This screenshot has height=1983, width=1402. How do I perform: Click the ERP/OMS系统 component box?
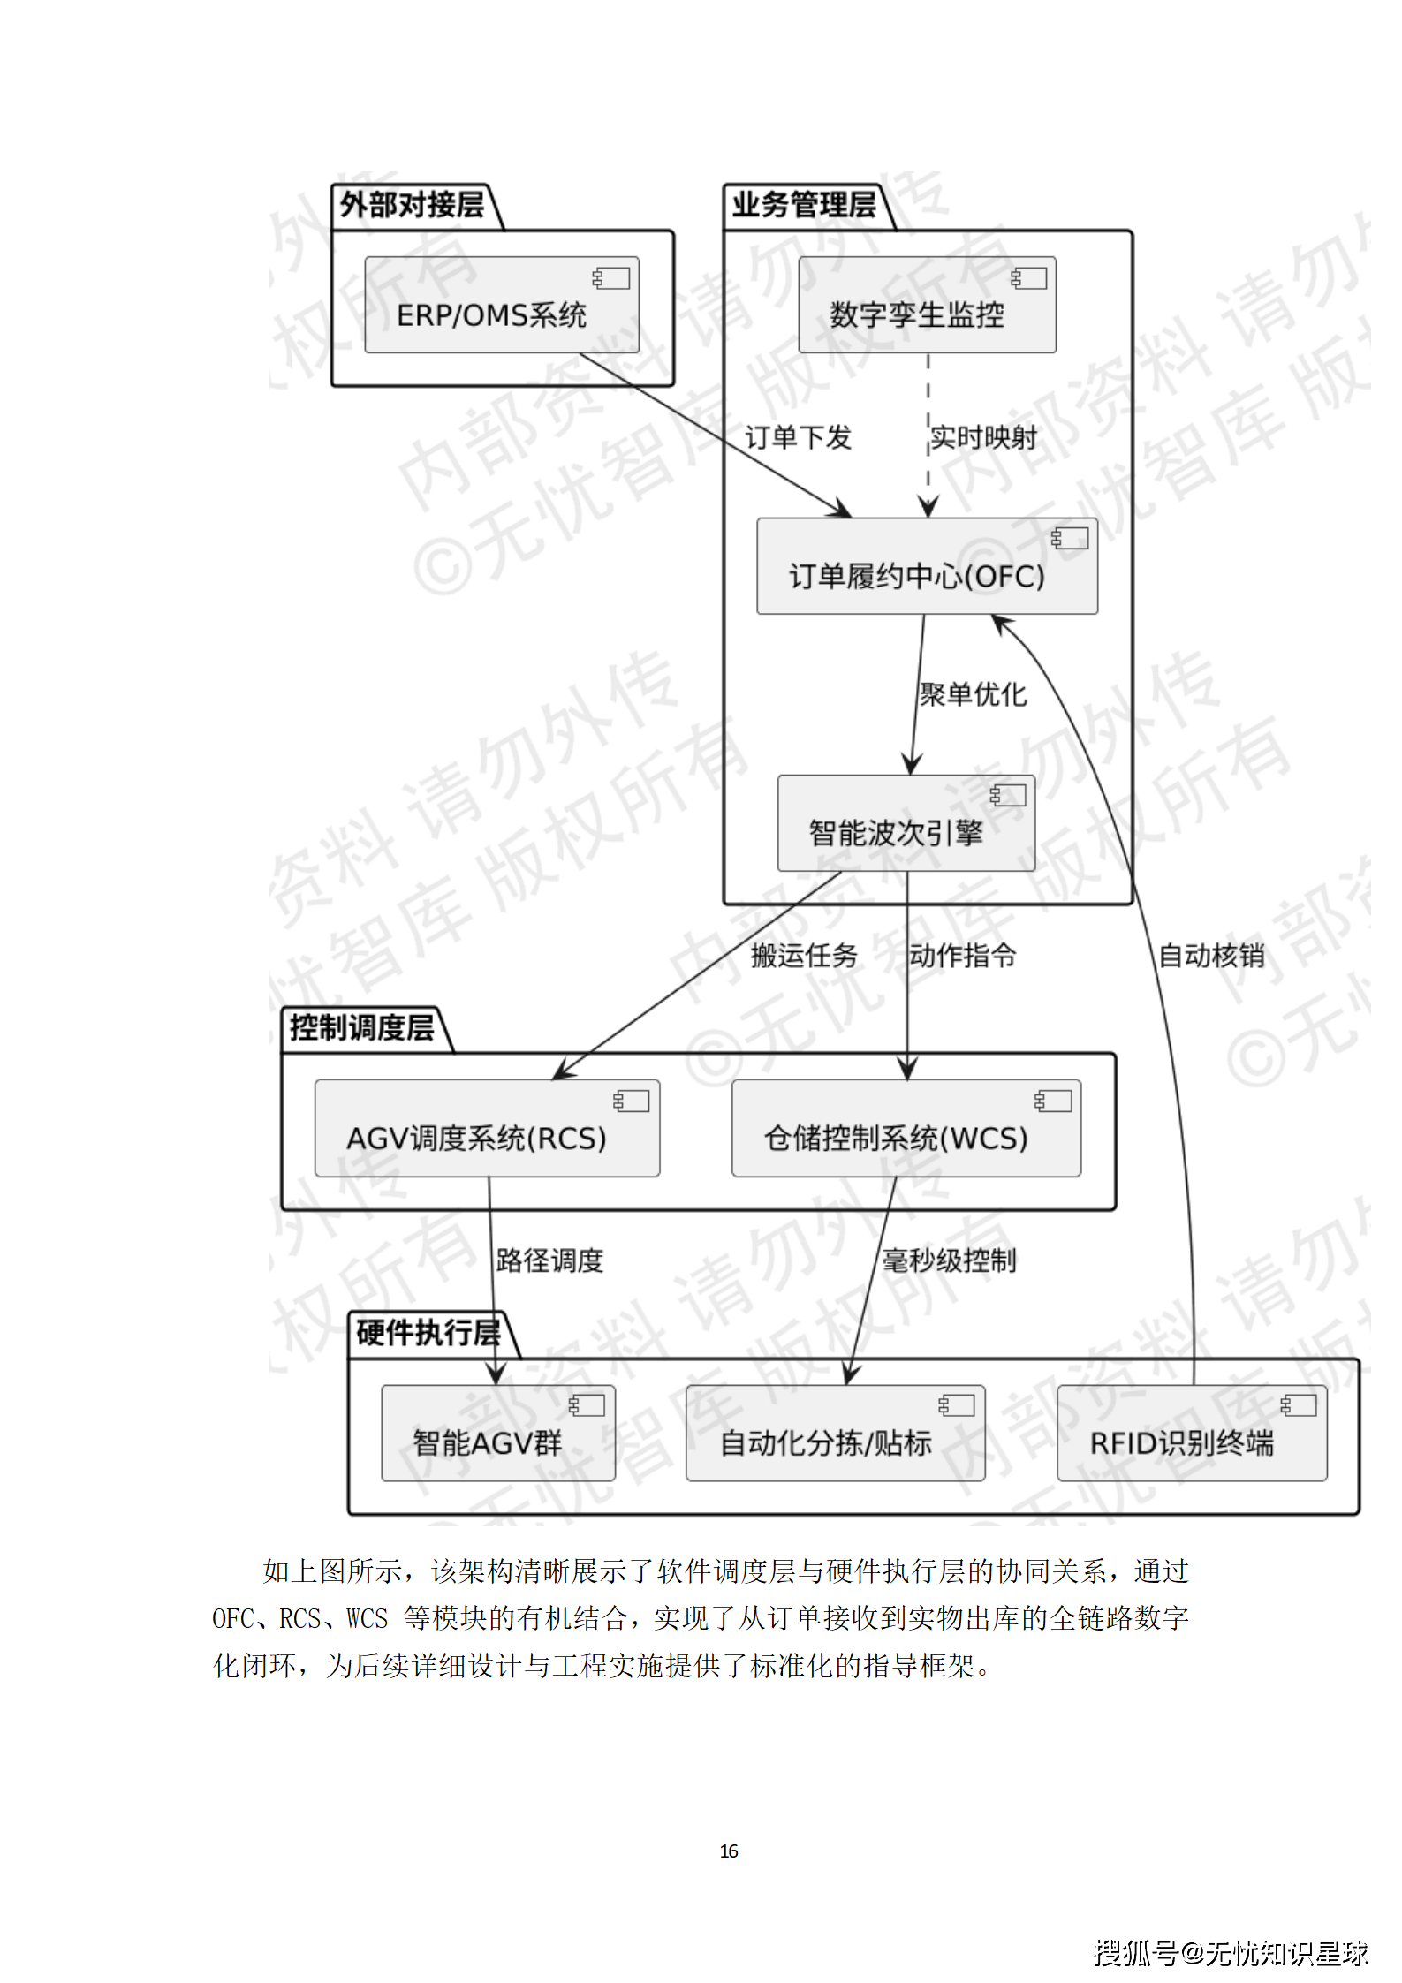[x=501, y=306]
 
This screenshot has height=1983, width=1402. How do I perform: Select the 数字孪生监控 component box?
[x=926, y=306]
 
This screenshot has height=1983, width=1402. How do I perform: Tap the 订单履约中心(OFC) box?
[x=926, y=566]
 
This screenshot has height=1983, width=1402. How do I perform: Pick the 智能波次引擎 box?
[x=905, y=823]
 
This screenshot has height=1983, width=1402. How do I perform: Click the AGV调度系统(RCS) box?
[x=487, y=1128]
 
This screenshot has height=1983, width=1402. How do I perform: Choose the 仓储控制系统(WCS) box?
[x=906, y=1128]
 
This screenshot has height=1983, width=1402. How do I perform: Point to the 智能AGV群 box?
[x=497, y=1433]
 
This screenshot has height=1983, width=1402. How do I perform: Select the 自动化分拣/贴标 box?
[x=835, y=1433]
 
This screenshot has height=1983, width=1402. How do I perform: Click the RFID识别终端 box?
[x=1191, y=1433]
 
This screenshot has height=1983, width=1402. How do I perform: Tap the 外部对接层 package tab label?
[x=412, y=205]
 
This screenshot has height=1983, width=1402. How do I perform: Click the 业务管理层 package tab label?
[x=803, y=205]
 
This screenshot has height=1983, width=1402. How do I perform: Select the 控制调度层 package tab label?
[x=361, y=1027]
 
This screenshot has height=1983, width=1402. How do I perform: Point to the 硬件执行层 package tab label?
[x=428, y=1332]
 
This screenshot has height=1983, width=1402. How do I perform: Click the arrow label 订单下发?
[x=797, y=437]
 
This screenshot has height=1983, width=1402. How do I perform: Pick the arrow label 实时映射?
[x=983, y=437]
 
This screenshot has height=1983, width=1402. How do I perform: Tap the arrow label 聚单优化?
[x=973, y=694]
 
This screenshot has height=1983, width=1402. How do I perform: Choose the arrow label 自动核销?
[x=1211, y=955]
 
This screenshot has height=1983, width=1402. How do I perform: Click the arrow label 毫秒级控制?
[x=949, y=1260]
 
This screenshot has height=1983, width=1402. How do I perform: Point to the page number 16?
[x=729, y=1851]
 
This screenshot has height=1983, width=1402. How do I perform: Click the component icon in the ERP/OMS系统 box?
[x=611, y=278]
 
